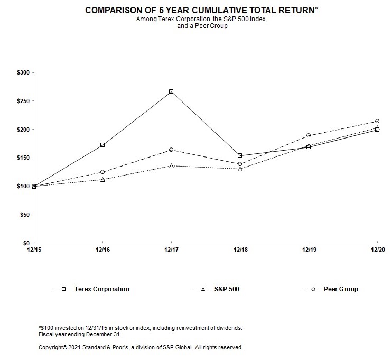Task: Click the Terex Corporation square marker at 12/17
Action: (x=171, y=91)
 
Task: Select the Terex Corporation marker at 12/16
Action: (x=102, y=145)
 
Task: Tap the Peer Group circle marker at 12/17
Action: (x=171, y=150)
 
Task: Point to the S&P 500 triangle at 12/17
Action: (x=171, y=165)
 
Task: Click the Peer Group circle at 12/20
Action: (x=377, y=121)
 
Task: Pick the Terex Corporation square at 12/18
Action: (x=240, y=155)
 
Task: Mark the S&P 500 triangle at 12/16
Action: (x=102, y=179)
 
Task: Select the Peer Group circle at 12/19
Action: (x=309, y=135)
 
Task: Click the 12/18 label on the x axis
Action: (x=240, y=250)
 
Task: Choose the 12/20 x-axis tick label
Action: (x=377, y=250)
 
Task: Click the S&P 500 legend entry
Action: (x=222, y=289)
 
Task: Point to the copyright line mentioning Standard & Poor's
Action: (x=141, y=348)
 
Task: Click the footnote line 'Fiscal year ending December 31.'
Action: (x=80, y=334)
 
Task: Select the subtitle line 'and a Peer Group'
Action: (x=196, y=26)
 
